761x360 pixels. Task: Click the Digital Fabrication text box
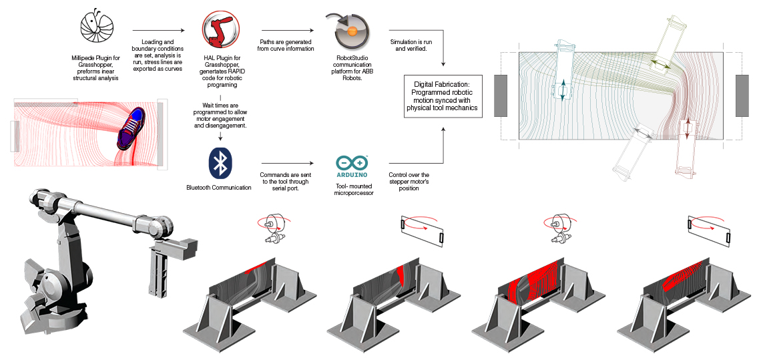(x=443, y=98)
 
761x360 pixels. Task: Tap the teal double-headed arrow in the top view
(x=562, y=89)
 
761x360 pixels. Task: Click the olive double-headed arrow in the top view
(x=662, y=63)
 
